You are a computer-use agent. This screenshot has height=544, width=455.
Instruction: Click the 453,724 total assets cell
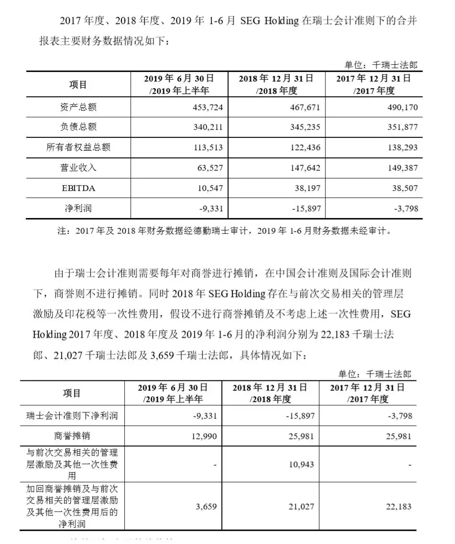pos(205,107)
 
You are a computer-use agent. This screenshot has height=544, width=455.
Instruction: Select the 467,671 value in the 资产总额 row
pos(303,107)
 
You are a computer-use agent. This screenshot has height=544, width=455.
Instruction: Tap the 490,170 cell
pos(401,107)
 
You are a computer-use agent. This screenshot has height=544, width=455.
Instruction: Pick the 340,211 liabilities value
pos(205,127)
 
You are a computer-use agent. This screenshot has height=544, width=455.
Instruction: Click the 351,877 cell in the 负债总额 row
pos(401,127)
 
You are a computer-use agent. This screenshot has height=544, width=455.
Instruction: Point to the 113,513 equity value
pos(205,148)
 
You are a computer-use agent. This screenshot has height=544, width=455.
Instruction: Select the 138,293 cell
pos(401,148)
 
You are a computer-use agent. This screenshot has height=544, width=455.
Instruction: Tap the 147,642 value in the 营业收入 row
pos(303,168)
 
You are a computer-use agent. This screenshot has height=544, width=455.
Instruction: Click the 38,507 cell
pos(402,188)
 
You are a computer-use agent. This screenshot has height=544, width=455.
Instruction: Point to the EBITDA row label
pos(78,188)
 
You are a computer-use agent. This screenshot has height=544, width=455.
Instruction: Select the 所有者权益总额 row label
pos(78,148)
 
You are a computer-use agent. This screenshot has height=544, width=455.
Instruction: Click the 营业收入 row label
pos(78,168)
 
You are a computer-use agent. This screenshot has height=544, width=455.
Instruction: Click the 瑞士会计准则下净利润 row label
pos(72,416)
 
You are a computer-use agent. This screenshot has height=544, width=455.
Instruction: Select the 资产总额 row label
pos(78,107)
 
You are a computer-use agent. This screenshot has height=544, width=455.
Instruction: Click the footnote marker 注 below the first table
pos(61,231)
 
